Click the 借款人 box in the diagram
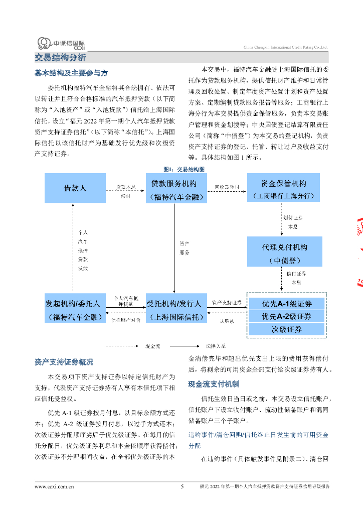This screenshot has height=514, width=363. pyautogui.click(x=75, y=188)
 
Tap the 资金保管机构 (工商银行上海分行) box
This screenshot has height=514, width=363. pyautogui.click(x=283, y=188)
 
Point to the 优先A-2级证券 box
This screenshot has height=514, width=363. pyautogui.click(x=287, y=317)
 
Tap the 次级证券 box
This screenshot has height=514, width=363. pyautogui.click(x=287, y=329)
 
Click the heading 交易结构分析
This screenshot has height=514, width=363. pyautogui.click(x=60, y=57)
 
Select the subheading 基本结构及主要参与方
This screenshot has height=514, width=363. pyautogui.click(x=71, y=73)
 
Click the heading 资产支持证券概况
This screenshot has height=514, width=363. pyautogui.click(x=64, y=362)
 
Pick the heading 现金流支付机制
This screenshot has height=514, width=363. pyautogui.click(x=214, y=384)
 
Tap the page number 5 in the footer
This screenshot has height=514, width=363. pyautogui.click(x=182, y=486)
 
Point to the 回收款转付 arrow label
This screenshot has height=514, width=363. pyautogui.click(x=227, y=187)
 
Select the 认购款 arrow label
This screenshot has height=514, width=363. pyautogui.click(x=226, y=321)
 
